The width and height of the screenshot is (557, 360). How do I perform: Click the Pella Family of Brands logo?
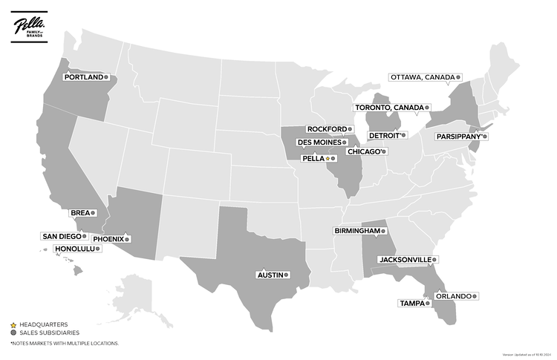coord(29,27)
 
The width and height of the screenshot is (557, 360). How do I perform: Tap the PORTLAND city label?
coord(82,76)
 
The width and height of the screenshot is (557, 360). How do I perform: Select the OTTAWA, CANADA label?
coord(422,76)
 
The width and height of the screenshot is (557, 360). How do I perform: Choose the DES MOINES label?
coord(319,142)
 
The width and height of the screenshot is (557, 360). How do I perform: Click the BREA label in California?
coord(79,212)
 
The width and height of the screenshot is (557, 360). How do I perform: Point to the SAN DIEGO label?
coord(61,236)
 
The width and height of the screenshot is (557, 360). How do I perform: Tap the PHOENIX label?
coord(108,239)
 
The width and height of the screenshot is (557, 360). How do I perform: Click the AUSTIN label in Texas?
coord(270,275)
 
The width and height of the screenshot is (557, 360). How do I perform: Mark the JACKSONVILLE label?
coord(405,260)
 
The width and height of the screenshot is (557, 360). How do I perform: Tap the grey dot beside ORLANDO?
coord(475,296)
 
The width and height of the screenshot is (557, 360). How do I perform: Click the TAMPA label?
coord(411,303)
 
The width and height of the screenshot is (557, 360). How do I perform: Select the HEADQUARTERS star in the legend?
coord(13,324)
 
